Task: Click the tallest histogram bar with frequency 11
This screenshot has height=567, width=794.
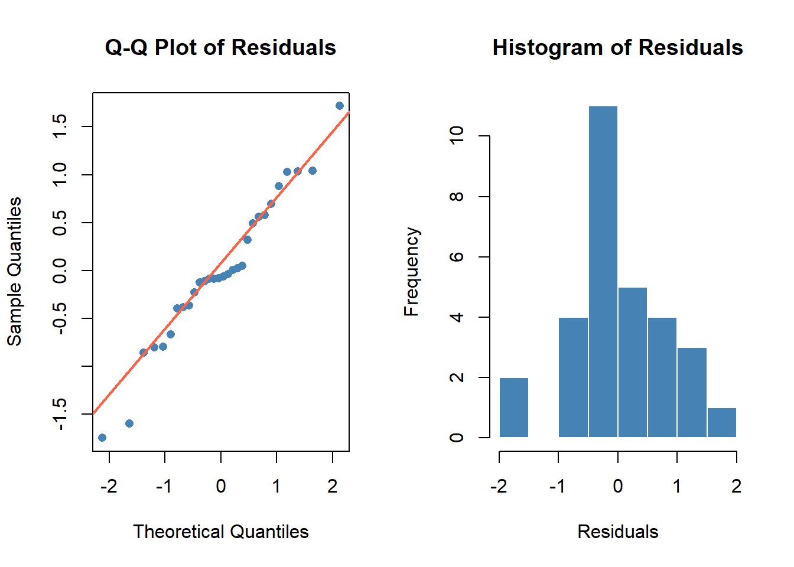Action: pyautogui.click(x=603, y=272)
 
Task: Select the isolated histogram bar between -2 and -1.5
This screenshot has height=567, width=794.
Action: pyautogui.click(x=514, y=408)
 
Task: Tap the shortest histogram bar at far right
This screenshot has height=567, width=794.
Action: pyautogui.click(x=722, y=423)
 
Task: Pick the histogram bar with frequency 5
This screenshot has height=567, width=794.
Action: pyautogui.click(x=633, y=362)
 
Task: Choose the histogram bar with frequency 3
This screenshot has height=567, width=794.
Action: pyautogui.click(x=692, y=393)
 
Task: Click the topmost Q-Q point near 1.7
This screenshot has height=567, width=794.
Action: pyautogui.click(x=340, y=106)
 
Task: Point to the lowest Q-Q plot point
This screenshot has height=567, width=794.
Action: pyautogui.click(x=102, y=438)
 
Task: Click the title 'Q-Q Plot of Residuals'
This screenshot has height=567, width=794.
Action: pyautogui.click(x=220, y=47)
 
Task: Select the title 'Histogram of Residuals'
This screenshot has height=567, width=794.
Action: pyautogui.click(x=617, y=47)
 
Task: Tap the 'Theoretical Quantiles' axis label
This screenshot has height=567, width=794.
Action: pyautogui.click(x=220, y=532)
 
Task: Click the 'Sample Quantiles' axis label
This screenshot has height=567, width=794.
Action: pyautogui.click(x=14, y=271)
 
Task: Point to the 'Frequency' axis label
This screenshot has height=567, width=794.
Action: pyautogui.click(x=411, y=272)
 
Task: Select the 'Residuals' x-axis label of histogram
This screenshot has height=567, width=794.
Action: pyautogui.click(x=617, y=532)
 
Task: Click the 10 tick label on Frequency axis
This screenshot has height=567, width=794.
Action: pyautogui.click(x=457, y=135)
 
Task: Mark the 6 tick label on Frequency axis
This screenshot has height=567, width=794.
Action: pyautogui.click(x=457, y=257)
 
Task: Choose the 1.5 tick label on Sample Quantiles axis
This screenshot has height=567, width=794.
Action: pyautogui.click(x=60, y=126)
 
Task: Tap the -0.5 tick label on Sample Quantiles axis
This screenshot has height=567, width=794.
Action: pyautogui.click(x=60, y=319)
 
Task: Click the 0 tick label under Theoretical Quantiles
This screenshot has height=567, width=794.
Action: pyautogui.click(x=221, y=486)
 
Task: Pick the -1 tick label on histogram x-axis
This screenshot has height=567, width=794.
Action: pyautogui.click(x=557, y=486)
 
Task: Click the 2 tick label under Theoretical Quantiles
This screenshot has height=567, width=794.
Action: pyautogui.click(x=333, y=486)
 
